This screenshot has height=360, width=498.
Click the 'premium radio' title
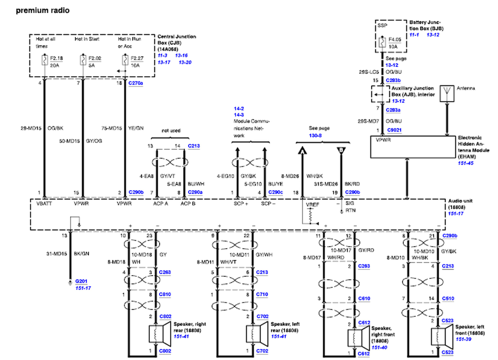coord(43,10)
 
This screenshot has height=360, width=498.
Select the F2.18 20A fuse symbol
coord(45,60)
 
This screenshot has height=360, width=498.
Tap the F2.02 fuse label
coord(95,58)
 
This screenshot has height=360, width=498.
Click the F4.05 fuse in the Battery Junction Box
coord(382,42)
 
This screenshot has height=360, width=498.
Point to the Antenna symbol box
coord(447,93)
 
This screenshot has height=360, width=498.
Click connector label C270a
coord(135,83)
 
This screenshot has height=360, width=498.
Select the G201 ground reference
coord(81,281)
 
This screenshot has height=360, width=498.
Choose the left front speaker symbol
coord(442,337)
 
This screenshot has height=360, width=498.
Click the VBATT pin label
coord(44,203)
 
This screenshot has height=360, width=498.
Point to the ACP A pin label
coord(160,203)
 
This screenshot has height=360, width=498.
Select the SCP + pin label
coord(241,203)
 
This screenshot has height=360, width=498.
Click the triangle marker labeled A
coord(302,151)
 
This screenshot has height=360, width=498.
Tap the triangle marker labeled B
coord(341,150)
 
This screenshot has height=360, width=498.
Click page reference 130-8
coord(315,135)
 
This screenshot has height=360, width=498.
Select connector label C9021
coord(394,130)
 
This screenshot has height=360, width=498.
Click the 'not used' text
coord(171,131)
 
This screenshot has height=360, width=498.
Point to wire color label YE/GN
coord(136,128)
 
